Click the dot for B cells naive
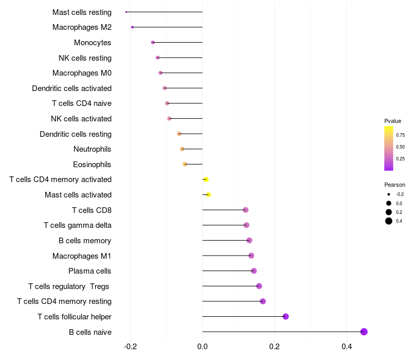(x=364, y=332)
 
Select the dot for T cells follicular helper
(x=286, y=316)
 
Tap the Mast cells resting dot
(x=126, y=12)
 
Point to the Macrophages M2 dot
(x=132, y=27)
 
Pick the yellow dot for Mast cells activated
(x=209, y=194)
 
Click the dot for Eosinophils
(x=185, y=164)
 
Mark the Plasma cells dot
(x=254, y=271)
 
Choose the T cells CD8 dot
(x=246, y=210)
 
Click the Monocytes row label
(x=92, y=43)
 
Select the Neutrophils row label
(x=92, y=149)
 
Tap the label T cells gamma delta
(x=78, y=225)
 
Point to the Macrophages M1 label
(x=82, y=256)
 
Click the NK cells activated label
(x=81, y=119)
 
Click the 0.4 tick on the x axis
(x=347, y=346)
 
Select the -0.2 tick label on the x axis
(x=130, y=346)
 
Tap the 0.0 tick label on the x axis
(x=202, y=346)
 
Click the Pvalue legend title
(x=393, y=121)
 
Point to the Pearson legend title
(x=395, y=185)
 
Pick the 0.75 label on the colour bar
(x=400, y=135)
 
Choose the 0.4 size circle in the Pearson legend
(x=389, y=221)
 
